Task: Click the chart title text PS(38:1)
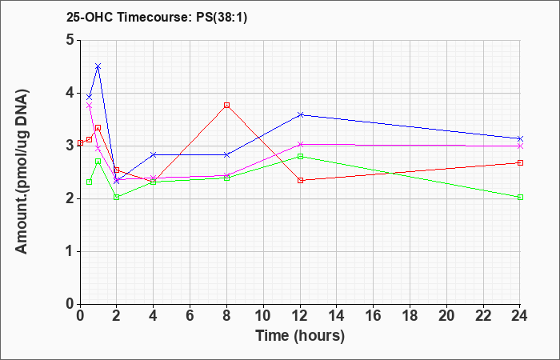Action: pos(222,18)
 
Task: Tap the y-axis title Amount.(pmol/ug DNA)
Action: pos(22,172)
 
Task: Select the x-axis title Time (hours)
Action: pos(300,336)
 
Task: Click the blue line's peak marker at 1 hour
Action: pos(98,66)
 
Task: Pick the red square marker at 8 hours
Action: pos(226,106)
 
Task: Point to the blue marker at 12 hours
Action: pos(300,114)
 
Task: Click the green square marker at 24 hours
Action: pos(520,197)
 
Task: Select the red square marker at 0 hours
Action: pos(80,143)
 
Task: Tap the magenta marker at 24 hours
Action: pos(520,146)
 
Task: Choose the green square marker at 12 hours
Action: pos(300,157)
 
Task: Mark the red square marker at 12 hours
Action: pos(300,180)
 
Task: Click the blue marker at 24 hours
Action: pos(520,138)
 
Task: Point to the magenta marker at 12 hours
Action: pos(300,144)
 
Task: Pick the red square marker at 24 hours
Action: pos(520,163)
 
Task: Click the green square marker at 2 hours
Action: pos(117,197)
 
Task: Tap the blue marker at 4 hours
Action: pos(154,154)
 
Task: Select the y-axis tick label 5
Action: pos(70,40)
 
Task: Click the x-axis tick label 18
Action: pos(410,316)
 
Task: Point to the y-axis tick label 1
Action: pos(70,251)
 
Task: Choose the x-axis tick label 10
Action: pos(263,316)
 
